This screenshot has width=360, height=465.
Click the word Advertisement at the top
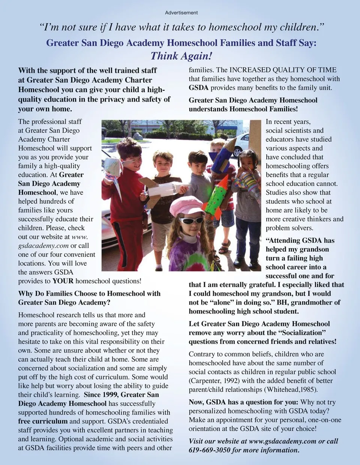pos(181,13)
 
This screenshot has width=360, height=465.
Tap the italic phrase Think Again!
pos(181,56)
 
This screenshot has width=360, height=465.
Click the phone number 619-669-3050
pos(209,450)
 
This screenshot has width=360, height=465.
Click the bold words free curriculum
pos(43,421)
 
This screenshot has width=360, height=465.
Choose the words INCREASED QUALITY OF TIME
pos(283,70)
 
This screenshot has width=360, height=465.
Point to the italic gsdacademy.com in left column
pos(43,246)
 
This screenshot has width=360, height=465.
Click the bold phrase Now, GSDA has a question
pos(243,402)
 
